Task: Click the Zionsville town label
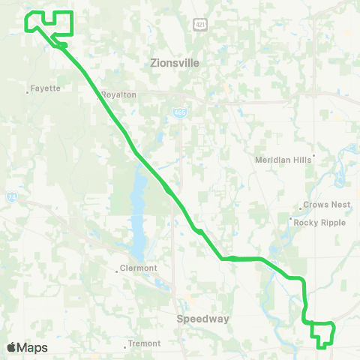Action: point(175,64)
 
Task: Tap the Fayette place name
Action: point(45,88)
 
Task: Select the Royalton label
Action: point(118,95)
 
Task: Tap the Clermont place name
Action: point(139,268)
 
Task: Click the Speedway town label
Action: point(202,319)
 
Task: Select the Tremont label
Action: point(144,343)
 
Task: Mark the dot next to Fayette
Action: point(28,91)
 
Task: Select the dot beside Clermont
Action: point(116,269)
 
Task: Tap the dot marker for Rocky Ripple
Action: point(291,219)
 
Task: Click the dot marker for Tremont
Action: point(125,346)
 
